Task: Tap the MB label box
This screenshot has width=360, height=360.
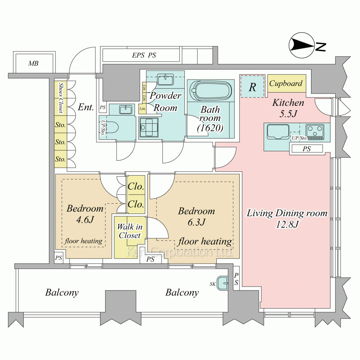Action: coord(34,64)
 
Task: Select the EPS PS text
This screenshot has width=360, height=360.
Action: coord(144,55)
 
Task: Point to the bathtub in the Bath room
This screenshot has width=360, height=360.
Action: coord(211,91)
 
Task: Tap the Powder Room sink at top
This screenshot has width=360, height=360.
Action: coord(165,78)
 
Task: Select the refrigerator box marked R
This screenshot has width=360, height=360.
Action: coord(252,87)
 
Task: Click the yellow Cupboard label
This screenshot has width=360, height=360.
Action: coord(287,84)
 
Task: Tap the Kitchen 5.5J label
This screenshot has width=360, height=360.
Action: coord(288,107)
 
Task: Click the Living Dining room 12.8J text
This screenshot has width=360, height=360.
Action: coord(287,219)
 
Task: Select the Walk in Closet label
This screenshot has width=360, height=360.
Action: coord(130,231)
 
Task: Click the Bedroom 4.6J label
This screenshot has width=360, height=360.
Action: coord(85,214)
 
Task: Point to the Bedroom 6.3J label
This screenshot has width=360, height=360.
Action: coord(197,216)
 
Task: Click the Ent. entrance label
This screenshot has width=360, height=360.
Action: coord(86,107)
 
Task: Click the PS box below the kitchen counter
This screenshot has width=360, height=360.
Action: coord(307,149)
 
